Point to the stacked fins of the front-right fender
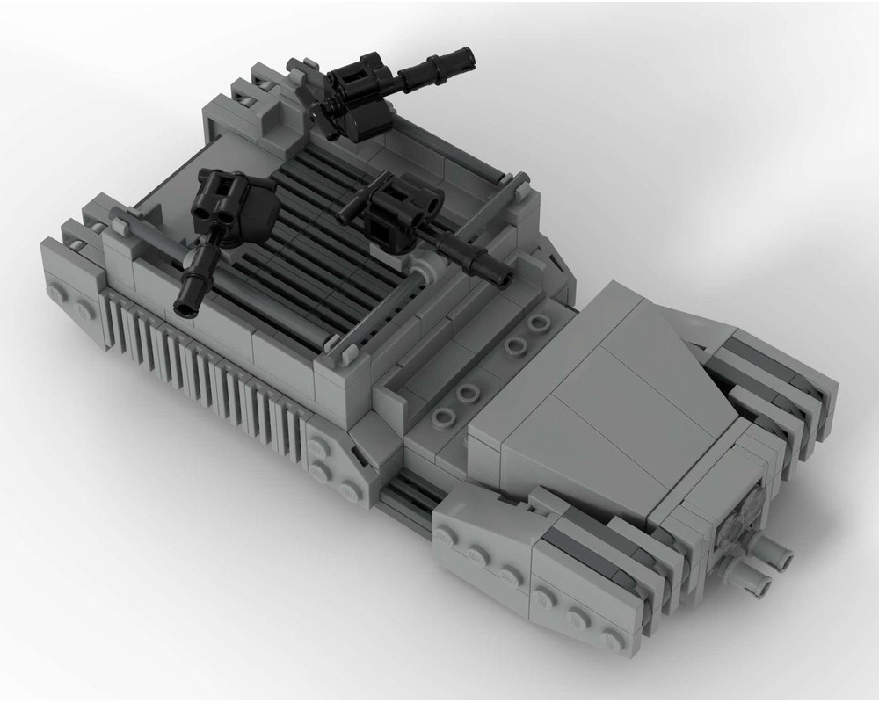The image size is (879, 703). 774,387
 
